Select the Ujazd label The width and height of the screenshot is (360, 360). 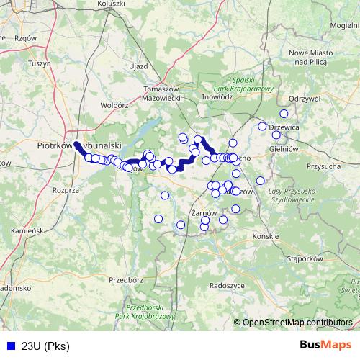[138, 66]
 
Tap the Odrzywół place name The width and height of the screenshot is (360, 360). [303, 99]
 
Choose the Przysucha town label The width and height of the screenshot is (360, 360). [323, 166]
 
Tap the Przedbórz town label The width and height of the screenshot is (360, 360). [129, 279]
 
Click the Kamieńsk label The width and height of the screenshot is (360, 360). [29, 230]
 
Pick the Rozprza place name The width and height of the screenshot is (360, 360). [65, 190]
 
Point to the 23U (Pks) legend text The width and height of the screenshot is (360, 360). [42, 346]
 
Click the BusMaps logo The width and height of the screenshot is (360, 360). [325, 346]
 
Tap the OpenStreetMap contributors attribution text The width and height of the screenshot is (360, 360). [297, 323]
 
